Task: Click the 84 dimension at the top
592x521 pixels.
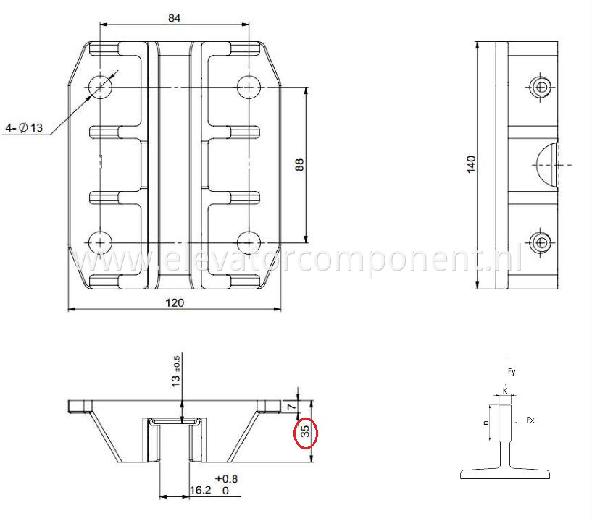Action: (x=174, y=17)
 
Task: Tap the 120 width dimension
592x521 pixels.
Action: (x=174, y=302)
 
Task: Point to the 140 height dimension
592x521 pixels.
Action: (x=470, y=164)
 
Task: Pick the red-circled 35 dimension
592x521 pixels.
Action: (x=306, y=432)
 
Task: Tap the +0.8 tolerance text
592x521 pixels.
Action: (x=226, y=478)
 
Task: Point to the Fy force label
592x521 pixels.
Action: (x=512, y=372)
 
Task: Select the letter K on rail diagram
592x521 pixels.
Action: (x=505, y=391)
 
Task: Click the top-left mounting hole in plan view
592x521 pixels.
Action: (x=100, y=87)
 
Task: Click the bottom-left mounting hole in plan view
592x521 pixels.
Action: (x=100, y=242)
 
